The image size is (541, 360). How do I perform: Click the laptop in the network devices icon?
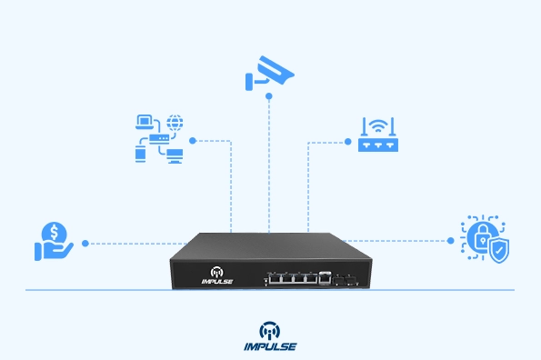point(144,121)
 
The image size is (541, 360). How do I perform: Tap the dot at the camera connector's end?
point(269,95)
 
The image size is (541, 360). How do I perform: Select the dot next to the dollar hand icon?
point(85,243)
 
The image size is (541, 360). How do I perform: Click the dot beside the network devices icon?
point(194,141)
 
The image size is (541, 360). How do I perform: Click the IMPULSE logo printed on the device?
point(216,275)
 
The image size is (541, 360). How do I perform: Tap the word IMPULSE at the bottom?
point(270,346)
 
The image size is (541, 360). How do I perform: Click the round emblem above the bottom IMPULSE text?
point(270,329)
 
